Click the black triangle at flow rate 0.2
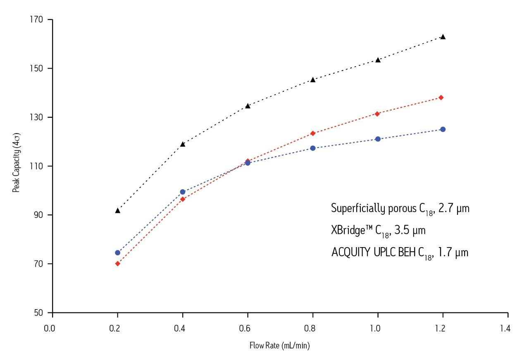click(118, 211)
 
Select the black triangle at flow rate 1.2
click(443, 37)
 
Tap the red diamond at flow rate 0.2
click(118, 264)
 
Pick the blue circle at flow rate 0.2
click(118, 253)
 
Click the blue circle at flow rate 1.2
click(443, 129)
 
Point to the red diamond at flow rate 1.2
click(441, 98)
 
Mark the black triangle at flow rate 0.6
click(248, 106)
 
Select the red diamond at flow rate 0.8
click(313, 133)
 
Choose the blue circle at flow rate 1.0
click(378, 139)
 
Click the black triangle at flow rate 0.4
click(183, 144)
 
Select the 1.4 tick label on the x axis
click(505, 329)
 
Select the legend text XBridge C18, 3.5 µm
click(378, 231)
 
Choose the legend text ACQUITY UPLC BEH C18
click(400, 253)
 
